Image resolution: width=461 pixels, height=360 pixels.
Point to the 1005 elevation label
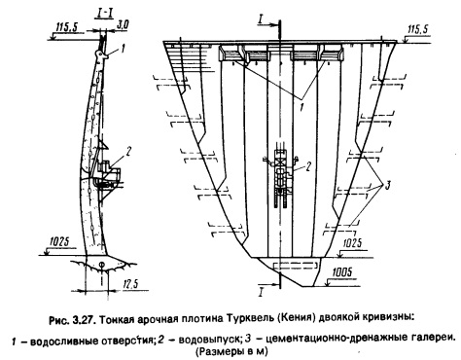(x=341, y=272)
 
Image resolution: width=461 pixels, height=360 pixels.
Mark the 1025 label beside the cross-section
(x=59, y=241)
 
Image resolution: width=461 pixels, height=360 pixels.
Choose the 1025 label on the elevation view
(x=352, y=243)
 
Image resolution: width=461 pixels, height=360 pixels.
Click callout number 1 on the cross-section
(x=123, y=50)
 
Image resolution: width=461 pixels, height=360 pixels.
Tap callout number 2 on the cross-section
(x=128, y=151)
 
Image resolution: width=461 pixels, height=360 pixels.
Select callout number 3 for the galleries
(x=387, y=186)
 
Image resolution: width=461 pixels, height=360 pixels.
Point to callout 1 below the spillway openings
(x=301, y=107)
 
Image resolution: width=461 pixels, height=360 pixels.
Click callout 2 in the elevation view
(x=308, y=166)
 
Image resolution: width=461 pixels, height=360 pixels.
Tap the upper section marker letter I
(x=261, y=19)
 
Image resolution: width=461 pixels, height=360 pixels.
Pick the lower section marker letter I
(x=260, y=293)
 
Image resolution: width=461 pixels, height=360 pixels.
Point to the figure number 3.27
(x=84, y=320)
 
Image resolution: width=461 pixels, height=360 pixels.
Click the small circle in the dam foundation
(x=101, y=265)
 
